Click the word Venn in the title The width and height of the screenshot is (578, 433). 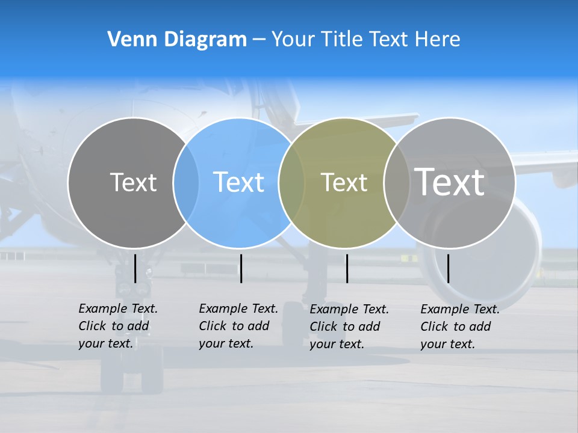point(128,40)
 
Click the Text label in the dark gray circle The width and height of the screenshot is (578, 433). point(133,182)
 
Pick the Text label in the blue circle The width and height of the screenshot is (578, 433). point(238,182)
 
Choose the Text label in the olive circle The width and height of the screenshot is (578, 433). point(344,183)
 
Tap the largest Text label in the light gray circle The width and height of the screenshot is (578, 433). point(449,182)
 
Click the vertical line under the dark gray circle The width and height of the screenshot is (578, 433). point(135,268)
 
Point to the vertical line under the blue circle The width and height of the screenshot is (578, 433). point(241,268)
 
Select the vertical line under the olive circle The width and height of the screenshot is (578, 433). point(347,268)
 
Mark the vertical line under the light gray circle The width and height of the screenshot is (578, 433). point(448,268)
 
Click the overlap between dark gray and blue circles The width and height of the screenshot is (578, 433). point(186,183)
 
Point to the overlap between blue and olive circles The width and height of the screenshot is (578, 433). point(291,183)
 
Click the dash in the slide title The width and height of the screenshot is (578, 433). point(259,40)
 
